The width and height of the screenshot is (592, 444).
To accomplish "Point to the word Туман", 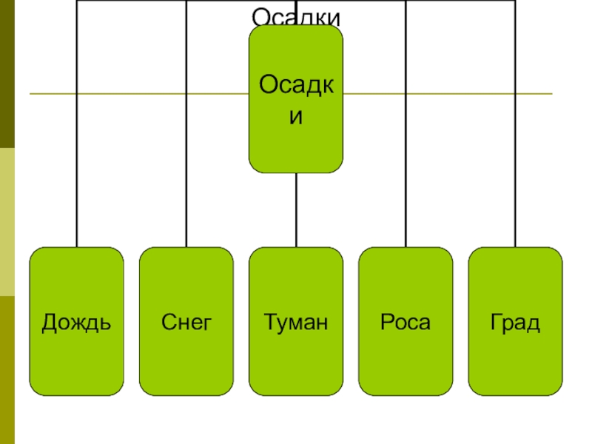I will [296, 323].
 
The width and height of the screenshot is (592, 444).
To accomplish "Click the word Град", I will [515, 323].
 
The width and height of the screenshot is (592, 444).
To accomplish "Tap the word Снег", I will [186, 323].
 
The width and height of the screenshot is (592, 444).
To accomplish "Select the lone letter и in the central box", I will [296, 118].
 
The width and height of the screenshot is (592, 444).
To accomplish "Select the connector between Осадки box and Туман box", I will [296, 210].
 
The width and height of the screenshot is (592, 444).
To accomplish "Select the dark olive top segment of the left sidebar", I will [7, 74].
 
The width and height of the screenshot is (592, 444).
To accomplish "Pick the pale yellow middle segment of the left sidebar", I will [7, 222].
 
